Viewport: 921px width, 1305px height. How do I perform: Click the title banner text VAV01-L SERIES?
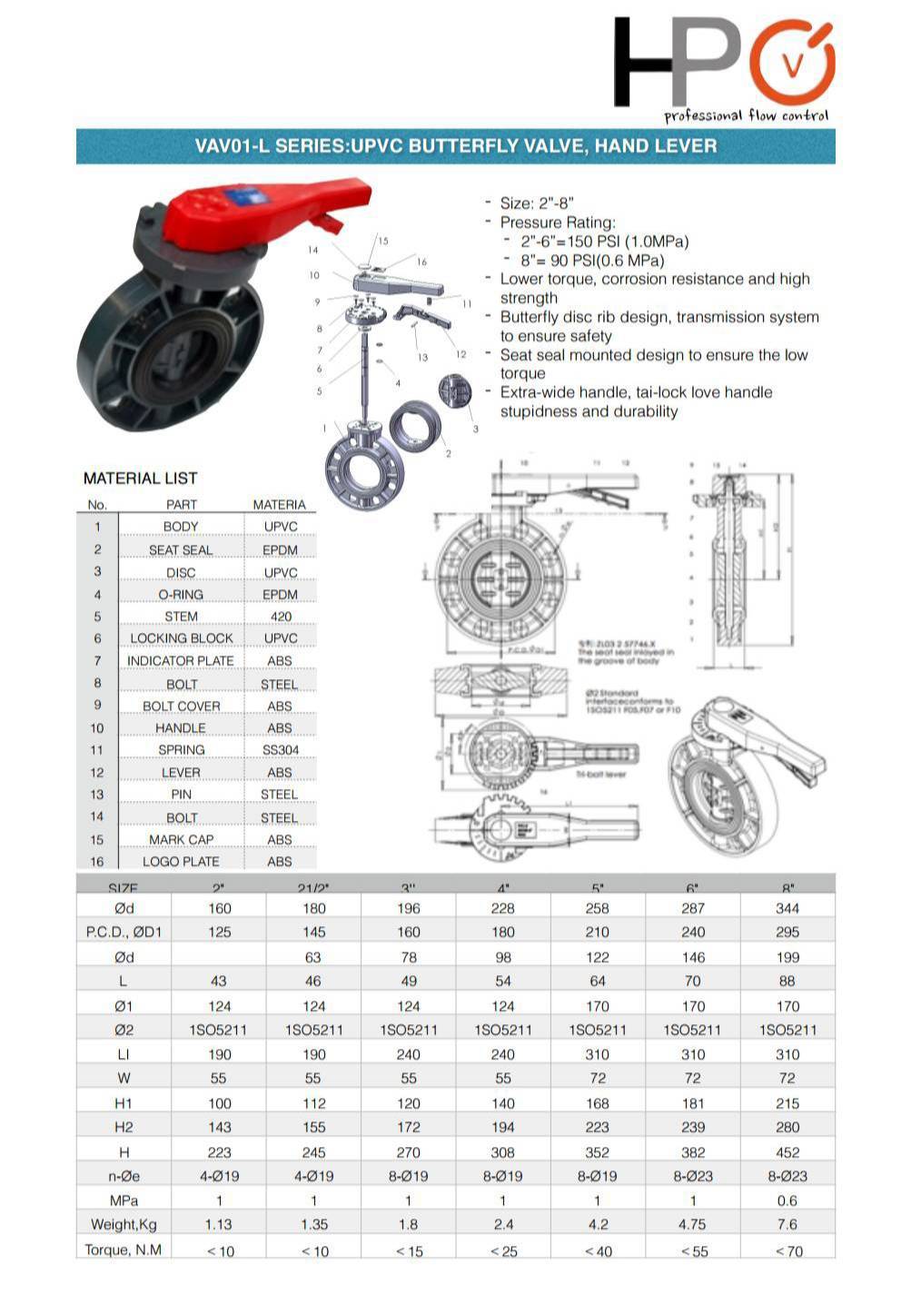tap(455, 146)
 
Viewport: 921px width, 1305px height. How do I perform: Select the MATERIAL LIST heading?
tap(140, 479)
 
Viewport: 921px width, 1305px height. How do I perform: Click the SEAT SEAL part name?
tap(181, 550)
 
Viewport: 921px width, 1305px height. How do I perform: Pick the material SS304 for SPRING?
tap(280, 750)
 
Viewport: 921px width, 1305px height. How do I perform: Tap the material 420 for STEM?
tap(281, 617)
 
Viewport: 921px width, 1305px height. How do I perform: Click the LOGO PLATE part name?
tap(181, 862)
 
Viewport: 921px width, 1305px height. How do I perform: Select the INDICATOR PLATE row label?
tap(181, 661)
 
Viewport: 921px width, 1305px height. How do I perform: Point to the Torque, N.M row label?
tap(124, 1250)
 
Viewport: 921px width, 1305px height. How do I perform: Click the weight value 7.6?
tap(787, 1224)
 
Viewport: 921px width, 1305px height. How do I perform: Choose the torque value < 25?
tap(503, 1251)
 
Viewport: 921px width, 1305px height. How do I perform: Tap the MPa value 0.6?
tap(787, 1200)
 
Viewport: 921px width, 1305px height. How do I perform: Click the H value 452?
tap(787, 1152)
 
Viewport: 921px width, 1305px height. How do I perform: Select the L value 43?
tap(219, 981)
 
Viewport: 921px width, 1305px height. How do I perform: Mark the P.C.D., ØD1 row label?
tap(124, 932)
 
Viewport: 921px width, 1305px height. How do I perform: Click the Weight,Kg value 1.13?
tap(219, 1224)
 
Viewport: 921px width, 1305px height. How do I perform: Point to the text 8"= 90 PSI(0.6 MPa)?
tap(592, 261)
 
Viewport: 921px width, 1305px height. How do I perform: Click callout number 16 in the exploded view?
tap(421, 262)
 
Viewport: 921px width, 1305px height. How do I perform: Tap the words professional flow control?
tap(746, 116)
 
